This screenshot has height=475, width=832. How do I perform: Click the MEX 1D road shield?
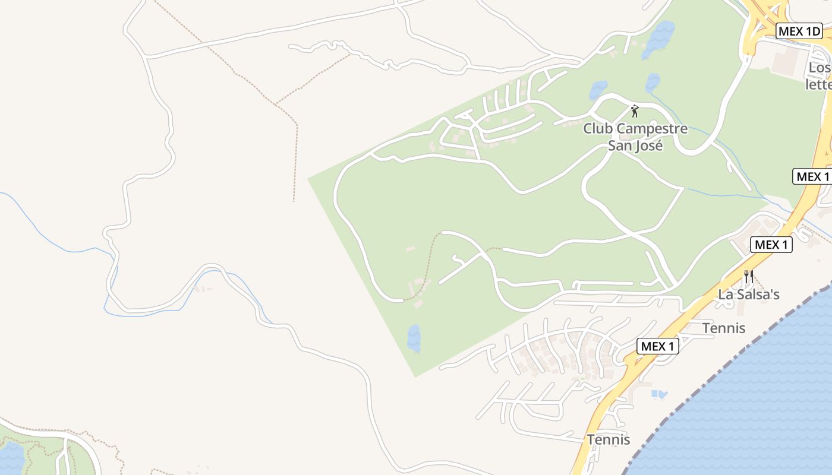pyautogui.click(x=799, y=31)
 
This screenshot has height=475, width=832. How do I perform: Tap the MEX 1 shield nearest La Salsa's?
pyautogui.click(x=771, y=244)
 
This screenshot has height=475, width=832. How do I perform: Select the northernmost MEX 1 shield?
pyautogui.click(x=812, y=176)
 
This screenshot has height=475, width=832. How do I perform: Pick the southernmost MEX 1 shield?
pyautogui.click(x=657, y=346)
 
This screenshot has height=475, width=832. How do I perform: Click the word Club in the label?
pyautogui.click(x=598, y=129)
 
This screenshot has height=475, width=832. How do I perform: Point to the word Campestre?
pyautogui.click(x=652, y=129)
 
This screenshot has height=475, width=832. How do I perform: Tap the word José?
pyautogui.click(x=647, y=145)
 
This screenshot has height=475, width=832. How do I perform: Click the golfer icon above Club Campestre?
pyautogui.click(x=635, y=110)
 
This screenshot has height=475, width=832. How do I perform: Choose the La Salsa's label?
pyautogui.click(x=749, y=294)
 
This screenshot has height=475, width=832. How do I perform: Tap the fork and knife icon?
pyautogui.click(x=749, y=276)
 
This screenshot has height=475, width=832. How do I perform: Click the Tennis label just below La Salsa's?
pyautogui.click(x=724, y=328)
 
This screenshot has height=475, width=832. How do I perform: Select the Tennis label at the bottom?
pyautogui.click(x=609, y=440)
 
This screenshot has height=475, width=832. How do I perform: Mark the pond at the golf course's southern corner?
pyautogui.click(x=414, y=338)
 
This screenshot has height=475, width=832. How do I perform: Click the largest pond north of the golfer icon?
pyautogui.click(x=658, y=39)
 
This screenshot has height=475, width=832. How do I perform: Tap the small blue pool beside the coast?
pyautogui.click(x=659, y=394)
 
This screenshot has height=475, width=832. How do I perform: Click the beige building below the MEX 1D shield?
pyautogui.click(x=788, y=60)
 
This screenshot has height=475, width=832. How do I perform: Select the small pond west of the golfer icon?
pyautogui.click(x=598, y=90)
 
